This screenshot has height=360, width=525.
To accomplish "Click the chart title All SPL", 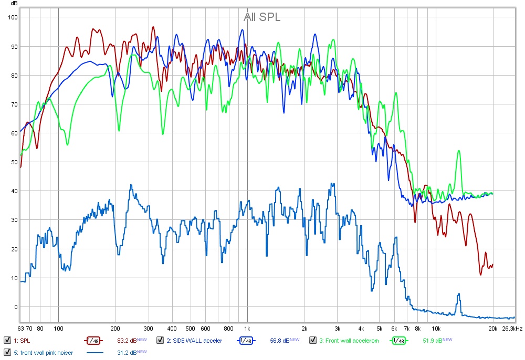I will point(262,17).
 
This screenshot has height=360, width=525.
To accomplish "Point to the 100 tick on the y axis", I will point(12,17).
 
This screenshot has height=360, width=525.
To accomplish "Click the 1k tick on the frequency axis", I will point(247,329).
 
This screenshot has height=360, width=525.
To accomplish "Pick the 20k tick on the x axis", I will point(492,329).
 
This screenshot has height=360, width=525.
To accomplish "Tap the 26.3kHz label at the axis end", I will point(512,329).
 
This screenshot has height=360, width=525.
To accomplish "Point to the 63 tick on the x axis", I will point(21,329).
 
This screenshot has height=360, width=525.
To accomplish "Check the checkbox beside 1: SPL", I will point(7,341).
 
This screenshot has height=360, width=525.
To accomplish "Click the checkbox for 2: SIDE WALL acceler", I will point(160,341).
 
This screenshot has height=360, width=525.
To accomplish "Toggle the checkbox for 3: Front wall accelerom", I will point(313,341).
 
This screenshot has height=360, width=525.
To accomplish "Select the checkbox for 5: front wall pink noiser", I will point(7,352).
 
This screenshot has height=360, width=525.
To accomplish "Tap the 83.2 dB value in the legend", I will point(127,341).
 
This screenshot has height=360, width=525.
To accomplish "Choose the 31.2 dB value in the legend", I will point(127,352).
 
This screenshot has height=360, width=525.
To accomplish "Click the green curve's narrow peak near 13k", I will point(459,151).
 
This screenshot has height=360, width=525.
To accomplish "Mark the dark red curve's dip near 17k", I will point(480,274).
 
